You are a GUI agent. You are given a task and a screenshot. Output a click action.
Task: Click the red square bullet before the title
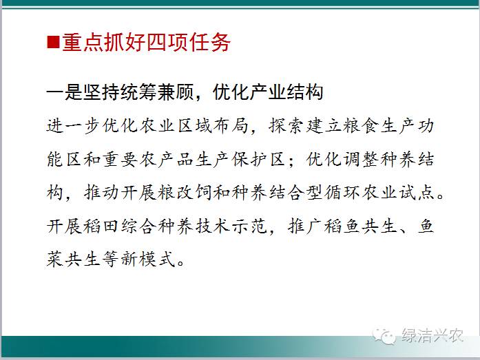pos(53,42)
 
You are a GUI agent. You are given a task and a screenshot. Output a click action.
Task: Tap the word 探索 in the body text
pos(286,126)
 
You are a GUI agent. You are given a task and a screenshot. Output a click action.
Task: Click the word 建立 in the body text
pos(324,126)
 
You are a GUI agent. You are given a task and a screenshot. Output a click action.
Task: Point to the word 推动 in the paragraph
pos(102,193)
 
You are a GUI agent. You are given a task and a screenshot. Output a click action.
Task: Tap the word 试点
pos(417,193)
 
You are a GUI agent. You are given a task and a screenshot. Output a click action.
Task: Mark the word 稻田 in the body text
pos(102,226)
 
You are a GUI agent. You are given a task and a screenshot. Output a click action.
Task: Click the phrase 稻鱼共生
pos(361,226)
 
